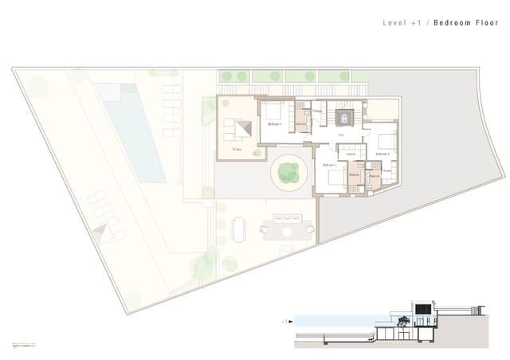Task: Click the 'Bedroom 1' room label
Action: [274, 124]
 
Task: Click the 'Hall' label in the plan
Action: [340, 136]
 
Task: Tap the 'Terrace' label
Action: [236, 149]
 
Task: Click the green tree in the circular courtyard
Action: [288, 170]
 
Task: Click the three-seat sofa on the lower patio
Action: [288, 217]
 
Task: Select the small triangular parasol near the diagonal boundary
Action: [102, 231]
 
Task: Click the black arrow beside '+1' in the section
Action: [292, 323]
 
